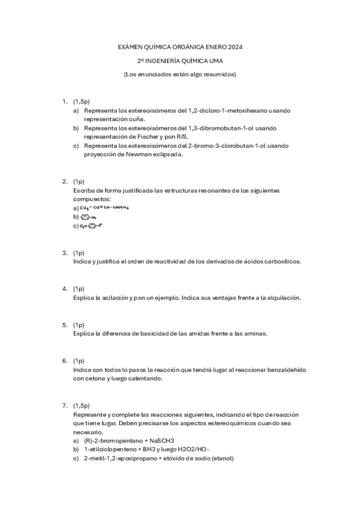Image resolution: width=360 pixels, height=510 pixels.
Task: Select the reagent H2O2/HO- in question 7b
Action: (x=190, y=449)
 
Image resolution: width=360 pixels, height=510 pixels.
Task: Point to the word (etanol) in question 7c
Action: (x=219, y=458)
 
